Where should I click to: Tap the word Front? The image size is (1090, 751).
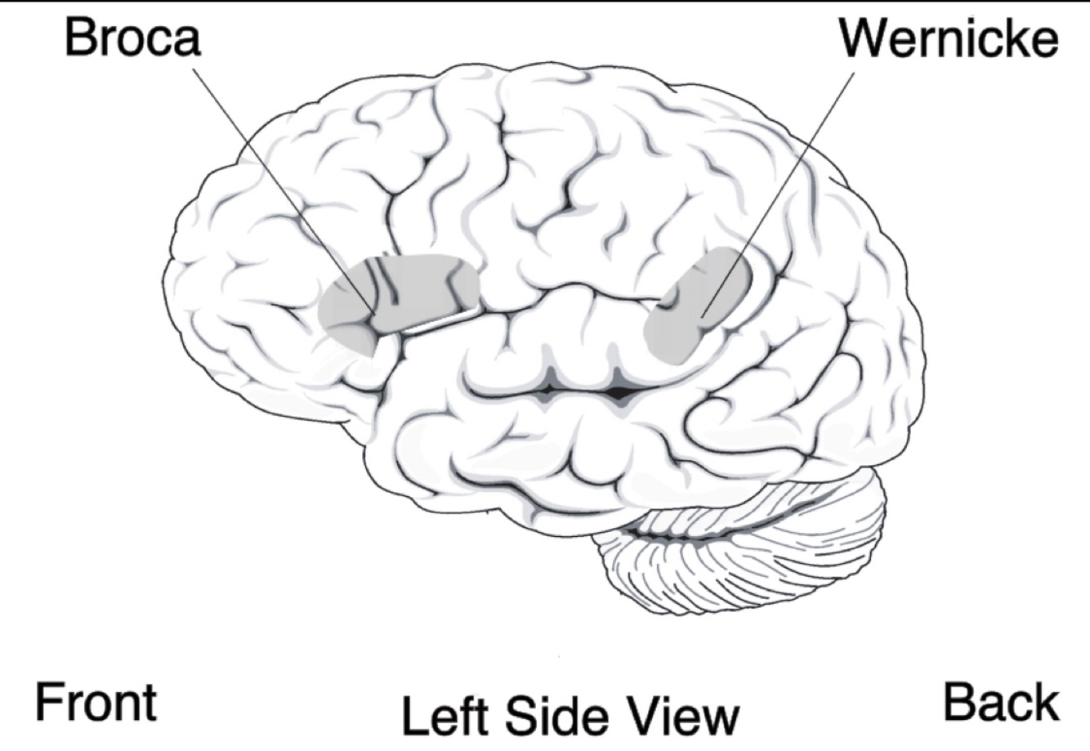95,702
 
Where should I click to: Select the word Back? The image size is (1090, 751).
1001,702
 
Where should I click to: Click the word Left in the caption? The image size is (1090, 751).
446,715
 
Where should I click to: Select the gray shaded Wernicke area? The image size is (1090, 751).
695,306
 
